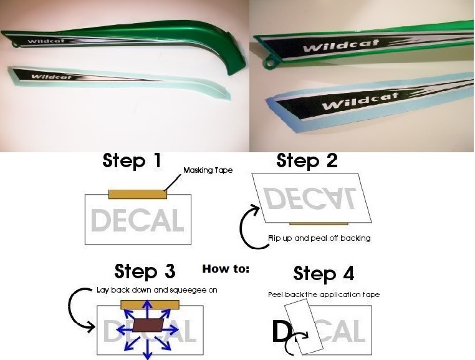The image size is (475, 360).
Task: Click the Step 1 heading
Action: [132, 160]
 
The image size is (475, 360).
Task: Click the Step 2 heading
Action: [307, 160]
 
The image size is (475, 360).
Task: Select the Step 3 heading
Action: [145, 271]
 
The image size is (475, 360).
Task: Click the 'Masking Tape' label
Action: [208, 170]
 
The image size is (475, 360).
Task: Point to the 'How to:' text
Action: [226, 269]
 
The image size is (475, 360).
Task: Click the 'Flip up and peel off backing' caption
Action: [319, 238]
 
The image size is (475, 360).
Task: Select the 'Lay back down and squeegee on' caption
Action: [157, 290]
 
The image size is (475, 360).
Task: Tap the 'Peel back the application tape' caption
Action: [324, 294]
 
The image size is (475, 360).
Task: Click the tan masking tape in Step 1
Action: [138, 194]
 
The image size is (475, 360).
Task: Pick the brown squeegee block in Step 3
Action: [148, 325]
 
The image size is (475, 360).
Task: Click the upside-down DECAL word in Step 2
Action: [310, 198]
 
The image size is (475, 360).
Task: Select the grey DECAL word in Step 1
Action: [138, 220]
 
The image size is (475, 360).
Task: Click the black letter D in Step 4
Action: [281, 331]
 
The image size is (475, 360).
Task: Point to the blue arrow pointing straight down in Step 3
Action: [148, 349]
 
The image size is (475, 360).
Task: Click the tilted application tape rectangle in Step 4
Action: [304, 326]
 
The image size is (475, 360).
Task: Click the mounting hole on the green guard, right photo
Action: [269, 64]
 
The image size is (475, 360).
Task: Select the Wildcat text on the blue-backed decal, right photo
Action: [360, 101]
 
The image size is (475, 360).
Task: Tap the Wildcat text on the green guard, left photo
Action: [46, 41]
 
